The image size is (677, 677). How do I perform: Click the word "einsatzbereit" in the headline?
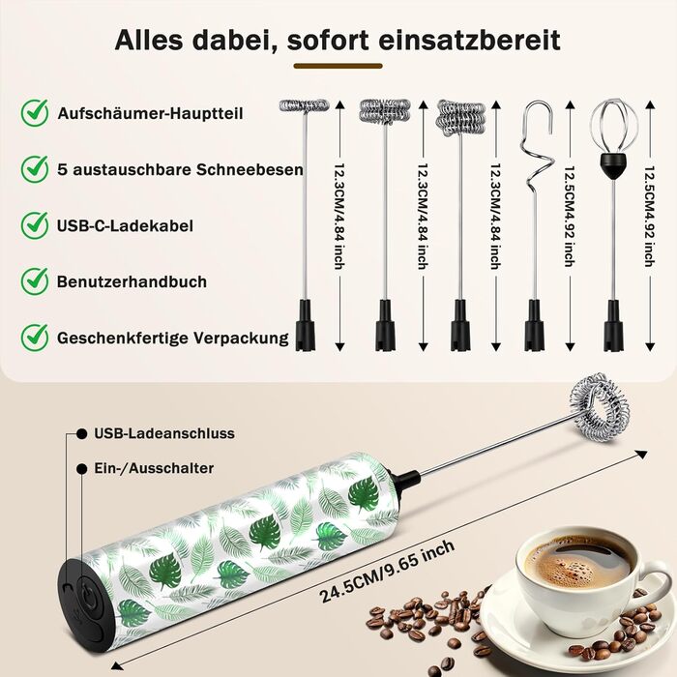coord(469,41)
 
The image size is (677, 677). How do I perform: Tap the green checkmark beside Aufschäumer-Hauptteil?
coord(35,113)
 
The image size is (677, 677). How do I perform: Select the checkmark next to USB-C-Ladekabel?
coord(35,225)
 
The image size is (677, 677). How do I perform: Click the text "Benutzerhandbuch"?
coord(132,281)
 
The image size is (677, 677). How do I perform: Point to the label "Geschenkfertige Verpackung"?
coord(173,338)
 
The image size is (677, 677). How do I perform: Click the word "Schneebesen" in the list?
coord(250,169)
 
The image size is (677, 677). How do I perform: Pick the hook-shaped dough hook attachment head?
coord(536,147)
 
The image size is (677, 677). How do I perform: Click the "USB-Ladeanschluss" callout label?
coord(164,433)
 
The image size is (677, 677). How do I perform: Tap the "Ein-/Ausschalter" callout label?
coord(154,468)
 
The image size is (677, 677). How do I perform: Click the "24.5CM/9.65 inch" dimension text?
coord(387,572)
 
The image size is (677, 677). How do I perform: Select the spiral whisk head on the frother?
coord(598,406)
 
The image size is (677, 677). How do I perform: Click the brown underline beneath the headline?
coord(338,66)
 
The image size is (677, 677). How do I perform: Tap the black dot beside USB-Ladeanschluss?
coord(81,433)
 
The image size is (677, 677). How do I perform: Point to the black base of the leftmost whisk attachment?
coord(306,325)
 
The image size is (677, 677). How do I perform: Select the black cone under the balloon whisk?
coord(613,165)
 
